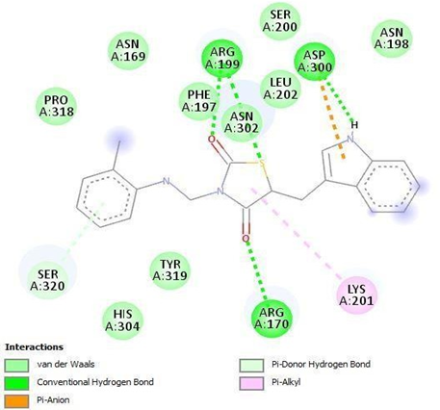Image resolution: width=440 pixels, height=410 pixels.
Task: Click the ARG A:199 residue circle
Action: point(222,59)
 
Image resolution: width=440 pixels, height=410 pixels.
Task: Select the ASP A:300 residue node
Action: point(315,61)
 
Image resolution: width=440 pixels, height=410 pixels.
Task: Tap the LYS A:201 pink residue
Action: point(357,295)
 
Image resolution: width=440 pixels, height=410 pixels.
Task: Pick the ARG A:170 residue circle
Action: point(272,318)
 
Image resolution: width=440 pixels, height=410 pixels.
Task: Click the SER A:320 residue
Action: point(48,280)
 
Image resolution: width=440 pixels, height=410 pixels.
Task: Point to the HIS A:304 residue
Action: point(122,320)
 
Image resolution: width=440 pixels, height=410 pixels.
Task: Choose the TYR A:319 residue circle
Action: point(170,270)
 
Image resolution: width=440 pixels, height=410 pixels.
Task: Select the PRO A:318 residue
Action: point(57,106)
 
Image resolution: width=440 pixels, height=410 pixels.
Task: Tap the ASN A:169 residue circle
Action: point(128,50)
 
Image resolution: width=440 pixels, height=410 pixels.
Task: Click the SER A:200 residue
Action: point(280,20)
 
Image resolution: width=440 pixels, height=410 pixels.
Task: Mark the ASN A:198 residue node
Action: point(392,38)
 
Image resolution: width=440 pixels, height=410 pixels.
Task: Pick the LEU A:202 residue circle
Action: point(280,89)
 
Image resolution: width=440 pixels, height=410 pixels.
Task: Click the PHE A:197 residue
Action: point(199,100)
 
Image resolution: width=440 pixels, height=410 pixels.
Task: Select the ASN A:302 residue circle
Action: point(242,122)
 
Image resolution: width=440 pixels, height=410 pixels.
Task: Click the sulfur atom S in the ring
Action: point(262,164)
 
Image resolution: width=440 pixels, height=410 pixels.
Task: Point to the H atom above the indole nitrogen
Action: point(354,125)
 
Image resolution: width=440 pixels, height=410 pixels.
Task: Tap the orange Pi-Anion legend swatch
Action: point(16,401)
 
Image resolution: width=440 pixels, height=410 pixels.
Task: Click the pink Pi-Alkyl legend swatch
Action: point(251,383)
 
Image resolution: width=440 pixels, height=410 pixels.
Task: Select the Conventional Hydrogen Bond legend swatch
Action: point(16,383)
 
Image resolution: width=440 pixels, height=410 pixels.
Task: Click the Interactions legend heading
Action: point(35,347)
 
